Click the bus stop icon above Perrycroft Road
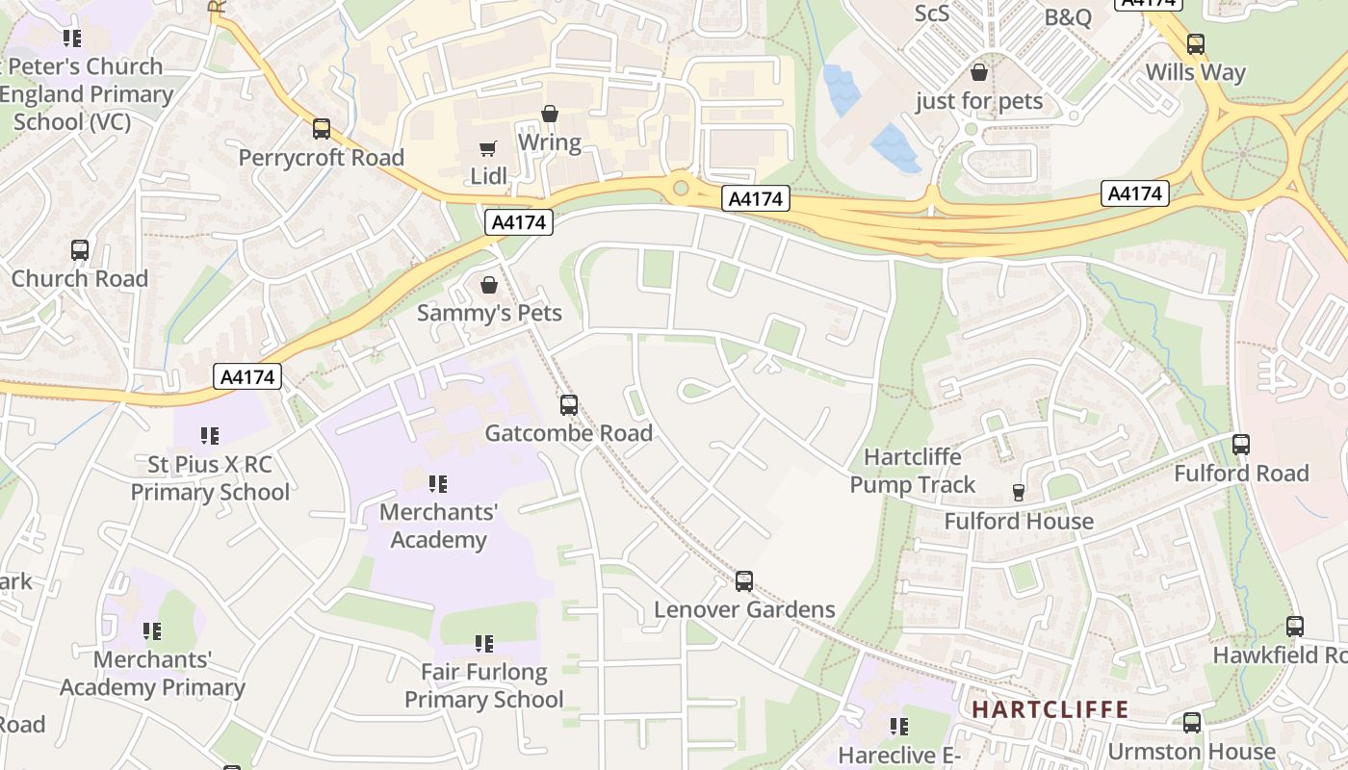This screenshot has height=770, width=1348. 322,129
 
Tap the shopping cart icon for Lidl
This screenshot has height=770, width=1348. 488,148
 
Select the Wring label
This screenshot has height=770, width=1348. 549,143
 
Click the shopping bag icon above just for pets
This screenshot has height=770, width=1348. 979,72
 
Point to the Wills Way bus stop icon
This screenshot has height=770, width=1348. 1195,44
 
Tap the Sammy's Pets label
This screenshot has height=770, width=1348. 489,313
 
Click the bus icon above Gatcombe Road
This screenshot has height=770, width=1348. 569,405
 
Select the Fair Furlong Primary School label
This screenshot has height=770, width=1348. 483,685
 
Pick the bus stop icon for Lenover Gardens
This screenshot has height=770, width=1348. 744,581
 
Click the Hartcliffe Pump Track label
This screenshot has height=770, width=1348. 912,471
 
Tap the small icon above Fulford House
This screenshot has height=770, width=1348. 1019,493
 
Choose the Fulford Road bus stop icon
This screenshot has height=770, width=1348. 1241,445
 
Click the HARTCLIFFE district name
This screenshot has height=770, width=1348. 1050,710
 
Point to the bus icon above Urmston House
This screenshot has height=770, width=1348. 1192,723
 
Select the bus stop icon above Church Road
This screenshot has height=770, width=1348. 80,250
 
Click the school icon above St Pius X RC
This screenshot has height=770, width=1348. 209,436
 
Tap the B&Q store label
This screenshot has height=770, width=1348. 1069,17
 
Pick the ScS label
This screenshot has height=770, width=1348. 931,13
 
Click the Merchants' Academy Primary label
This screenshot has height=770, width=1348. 152,674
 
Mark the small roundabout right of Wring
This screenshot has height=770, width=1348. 681,188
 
